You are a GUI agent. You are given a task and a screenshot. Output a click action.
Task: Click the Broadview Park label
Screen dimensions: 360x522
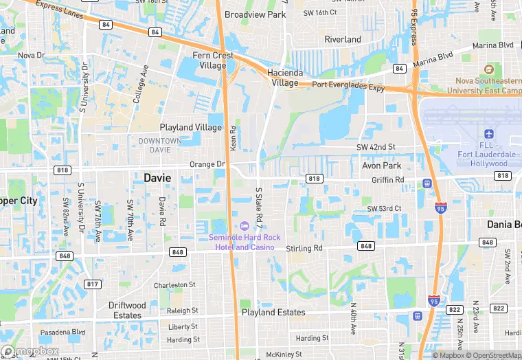pos(256,14)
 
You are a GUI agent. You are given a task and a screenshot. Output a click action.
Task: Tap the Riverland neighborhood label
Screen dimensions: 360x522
pos(343,39)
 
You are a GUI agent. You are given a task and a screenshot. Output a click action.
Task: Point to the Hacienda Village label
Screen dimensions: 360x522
pos(285,78)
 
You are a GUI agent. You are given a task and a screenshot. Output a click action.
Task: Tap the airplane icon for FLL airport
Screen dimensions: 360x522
pos(489,133)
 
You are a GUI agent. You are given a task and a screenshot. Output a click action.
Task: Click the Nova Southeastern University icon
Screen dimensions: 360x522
pos(488,70)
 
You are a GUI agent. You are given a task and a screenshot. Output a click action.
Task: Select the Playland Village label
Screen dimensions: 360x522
pos(191,127)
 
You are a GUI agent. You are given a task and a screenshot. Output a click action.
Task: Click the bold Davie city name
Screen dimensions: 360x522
pos(157,177)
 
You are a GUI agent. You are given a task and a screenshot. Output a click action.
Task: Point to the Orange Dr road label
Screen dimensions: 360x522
pos(207,164)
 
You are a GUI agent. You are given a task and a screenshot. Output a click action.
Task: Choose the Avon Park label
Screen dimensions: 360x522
pos(381,166)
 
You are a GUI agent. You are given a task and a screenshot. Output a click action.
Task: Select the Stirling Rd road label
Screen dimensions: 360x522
pos(305,248)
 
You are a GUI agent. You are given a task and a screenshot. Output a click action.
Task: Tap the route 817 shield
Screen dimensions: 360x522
pos(91,284)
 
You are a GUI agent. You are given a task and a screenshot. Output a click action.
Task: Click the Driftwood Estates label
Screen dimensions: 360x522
pos(127,310)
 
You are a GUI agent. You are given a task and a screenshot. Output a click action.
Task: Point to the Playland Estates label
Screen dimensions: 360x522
pos(273,312)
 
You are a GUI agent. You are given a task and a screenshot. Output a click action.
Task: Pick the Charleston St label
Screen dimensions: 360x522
pos(174,284)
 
